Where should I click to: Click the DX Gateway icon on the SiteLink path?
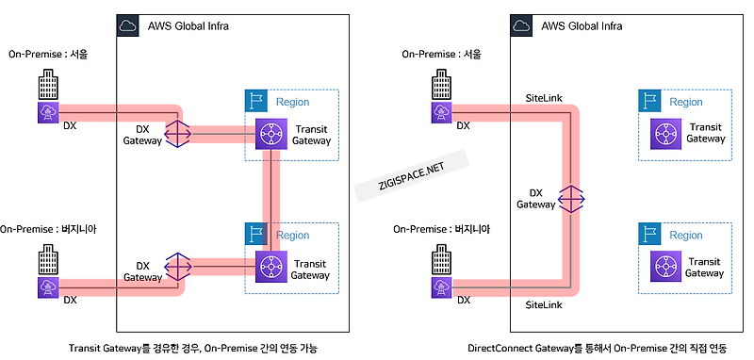(x=572, y=200)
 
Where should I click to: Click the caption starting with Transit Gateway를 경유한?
(x=193, y=348)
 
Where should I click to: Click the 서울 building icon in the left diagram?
(x=46, y=88)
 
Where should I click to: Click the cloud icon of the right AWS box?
(x=521, y=25)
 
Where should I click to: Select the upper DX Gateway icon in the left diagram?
(x=178, y=133)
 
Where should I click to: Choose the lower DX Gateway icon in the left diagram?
(x=178, y=268)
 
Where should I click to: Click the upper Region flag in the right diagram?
(x=647, y=101)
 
